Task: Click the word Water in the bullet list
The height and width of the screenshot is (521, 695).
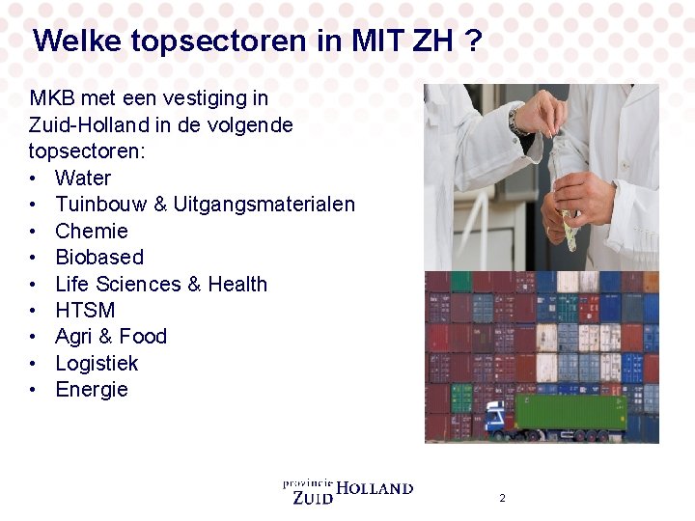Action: click(83, 178)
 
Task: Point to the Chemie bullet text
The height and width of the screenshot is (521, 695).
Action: click(92, 231)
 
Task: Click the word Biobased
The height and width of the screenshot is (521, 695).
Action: click(99, 258)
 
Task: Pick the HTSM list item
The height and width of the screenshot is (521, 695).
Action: click(85, 311)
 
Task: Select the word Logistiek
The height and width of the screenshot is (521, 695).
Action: click(97, 364)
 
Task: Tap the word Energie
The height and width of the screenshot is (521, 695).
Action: click(92, 390)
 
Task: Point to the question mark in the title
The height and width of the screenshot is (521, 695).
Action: click(473, 41)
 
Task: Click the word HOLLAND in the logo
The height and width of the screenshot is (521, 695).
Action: click(375, 489)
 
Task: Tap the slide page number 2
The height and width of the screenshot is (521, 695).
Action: click(502, 498)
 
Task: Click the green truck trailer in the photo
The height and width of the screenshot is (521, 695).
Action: click(570, 412)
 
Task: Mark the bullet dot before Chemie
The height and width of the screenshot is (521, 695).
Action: click(34, 232)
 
